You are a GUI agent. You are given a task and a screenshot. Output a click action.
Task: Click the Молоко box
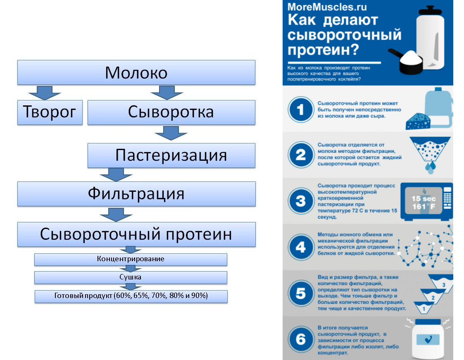(x=136, y=72)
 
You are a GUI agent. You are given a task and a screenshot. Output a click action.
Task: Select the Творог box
(x=50, y=112)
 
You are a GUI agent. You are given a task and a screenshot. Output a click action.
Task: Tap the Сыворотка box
(x=171, y=112)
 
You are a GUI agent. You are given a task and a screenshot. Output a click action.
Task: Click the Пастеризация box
(x=171, y=155)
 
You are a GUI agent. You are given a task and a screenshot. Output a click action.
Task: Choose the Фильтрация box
(x=136, y=194)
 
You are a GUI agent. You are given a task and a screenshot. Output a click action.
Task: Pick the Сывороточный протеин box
(x=136, y=234)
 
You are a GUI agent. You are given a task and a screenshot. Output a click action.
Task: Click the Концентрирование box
(x=131, y=259)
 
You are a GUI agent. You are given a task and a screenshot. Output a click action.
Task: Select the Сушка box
(x=131, y=277)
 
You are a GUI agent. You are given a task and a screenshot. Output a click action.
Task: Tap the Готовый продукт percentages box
(x=131, y=296)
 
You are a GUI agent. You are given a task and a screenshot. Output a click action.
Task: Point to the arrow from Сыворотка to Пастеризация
(x=171, y=133)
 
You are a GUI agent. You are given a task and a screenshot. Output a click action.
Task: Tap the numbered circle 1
(x=301, y=110)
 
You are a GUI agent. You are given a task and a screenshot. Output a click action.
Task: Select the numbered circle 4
(x=301, y=247)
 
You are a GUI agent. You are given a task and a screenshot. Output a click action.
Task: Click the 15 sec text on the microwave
(x=421, y=199)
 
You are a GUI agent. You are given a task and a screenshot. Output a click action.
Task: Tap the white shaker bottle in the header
(x=431, y=39)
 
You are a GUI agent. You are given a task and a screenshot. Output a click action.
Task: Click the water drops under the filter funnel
(x=431, y=167)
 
